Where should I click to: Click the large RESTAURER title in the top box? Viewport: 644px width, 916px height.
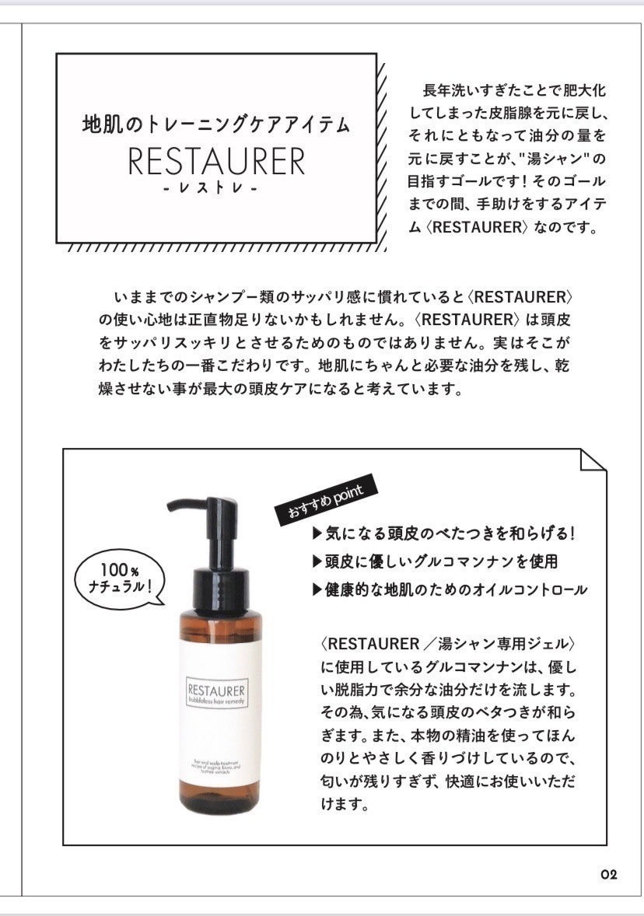pyautogui.click(x=216, y=161)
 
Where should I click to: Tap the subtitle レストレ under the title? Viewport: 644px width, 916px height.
pyautogui.click(x=216, y=190)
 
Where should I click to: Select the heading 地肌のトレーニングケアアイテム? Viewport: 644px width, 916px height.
pyautogui.click(x=216, y=124)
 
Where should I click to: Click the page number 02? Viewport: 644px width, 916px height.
pyautogui.click(x=608, y=874)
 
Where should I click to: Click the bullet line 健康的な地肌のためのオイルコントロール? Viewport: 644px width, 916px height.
pyautogui.click(x=450, y=589)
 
